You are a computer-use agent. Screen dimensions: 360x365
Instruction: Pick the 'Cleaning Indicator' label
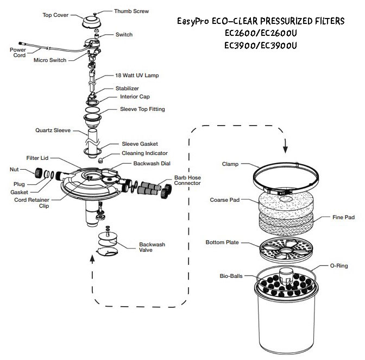pos(141,153)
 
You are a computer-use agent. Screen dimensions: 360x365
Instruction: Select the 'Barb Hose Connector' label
pos(187,182)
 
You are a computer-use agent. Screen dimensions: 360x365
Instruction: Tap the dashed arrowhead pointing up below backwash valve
pos(91,259)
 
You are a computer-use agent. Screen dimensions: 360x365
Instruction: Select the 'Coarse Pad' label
pos(224,200)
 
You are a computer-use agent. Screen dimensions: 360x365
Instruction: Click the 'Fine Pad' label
pos(342,216)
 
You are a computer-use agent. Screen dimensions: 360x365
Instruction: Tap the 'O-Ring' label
pos(340,266)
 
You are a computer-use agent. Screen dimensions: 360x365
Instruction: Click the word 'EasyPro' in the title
pos(194,22)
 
